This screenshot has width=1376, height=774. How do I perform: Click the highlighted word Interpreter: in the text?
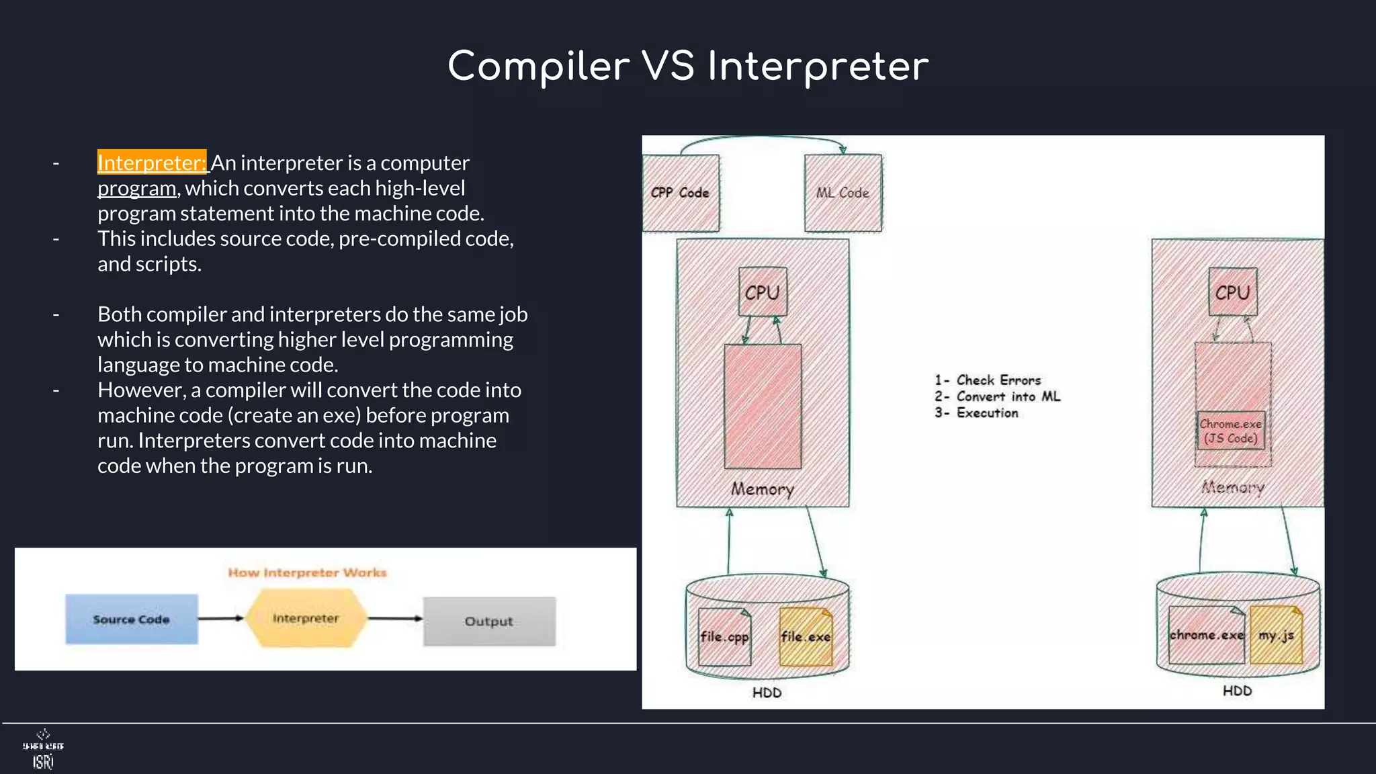tap(152, 163)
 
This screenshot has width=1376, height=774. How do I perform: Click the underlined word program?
tap(136, 188)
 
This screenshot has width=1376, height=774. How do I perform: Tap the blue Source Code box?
tap(132, 619)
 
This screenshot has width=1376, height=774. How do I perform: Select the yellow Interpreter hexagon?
tap(306, 618)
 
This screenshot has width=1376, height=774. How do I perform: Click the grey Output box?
tap(489, 621)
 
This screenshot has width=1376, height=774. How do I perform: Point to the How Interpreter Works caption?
tap(307, 572)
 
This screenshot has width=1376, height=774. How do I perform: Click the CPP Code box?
tap(680, 193)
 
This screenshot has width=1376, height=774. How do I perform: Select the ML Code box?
tap(843, 193)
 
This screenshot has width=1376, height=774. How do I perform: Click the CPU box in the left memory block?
tap(762, 292)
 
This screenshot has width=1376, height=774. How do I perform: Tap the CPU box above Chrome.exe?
tap(1232, 292)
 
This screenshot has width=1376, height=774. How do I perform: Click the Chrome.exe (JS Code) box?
tap(1230, 431)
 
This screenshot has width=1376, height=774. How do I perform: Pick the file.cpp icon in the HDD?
tap(724, 636)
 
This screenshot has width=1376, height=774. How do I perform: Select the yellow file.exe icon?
tap(806, 636)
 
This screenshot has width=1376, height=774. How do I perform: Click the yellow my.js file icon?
tap(1276, 635)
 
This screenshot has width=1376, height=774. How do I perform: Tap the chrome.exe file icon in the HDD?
tap(1206, 635)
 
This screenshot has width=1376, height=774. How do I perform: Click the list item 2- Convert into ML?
tap(997, 396)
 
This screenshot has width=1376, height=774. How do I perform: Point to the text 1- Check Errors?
tap(988, 380)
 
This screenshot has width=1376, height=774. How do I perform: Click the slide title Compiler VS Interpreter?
tap(688, 67)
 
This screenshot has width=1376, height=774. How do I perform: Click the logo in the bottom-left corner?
tap(43, 749)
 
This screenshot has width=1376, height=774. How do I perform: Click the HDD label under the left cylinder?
tap(767, 693)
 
